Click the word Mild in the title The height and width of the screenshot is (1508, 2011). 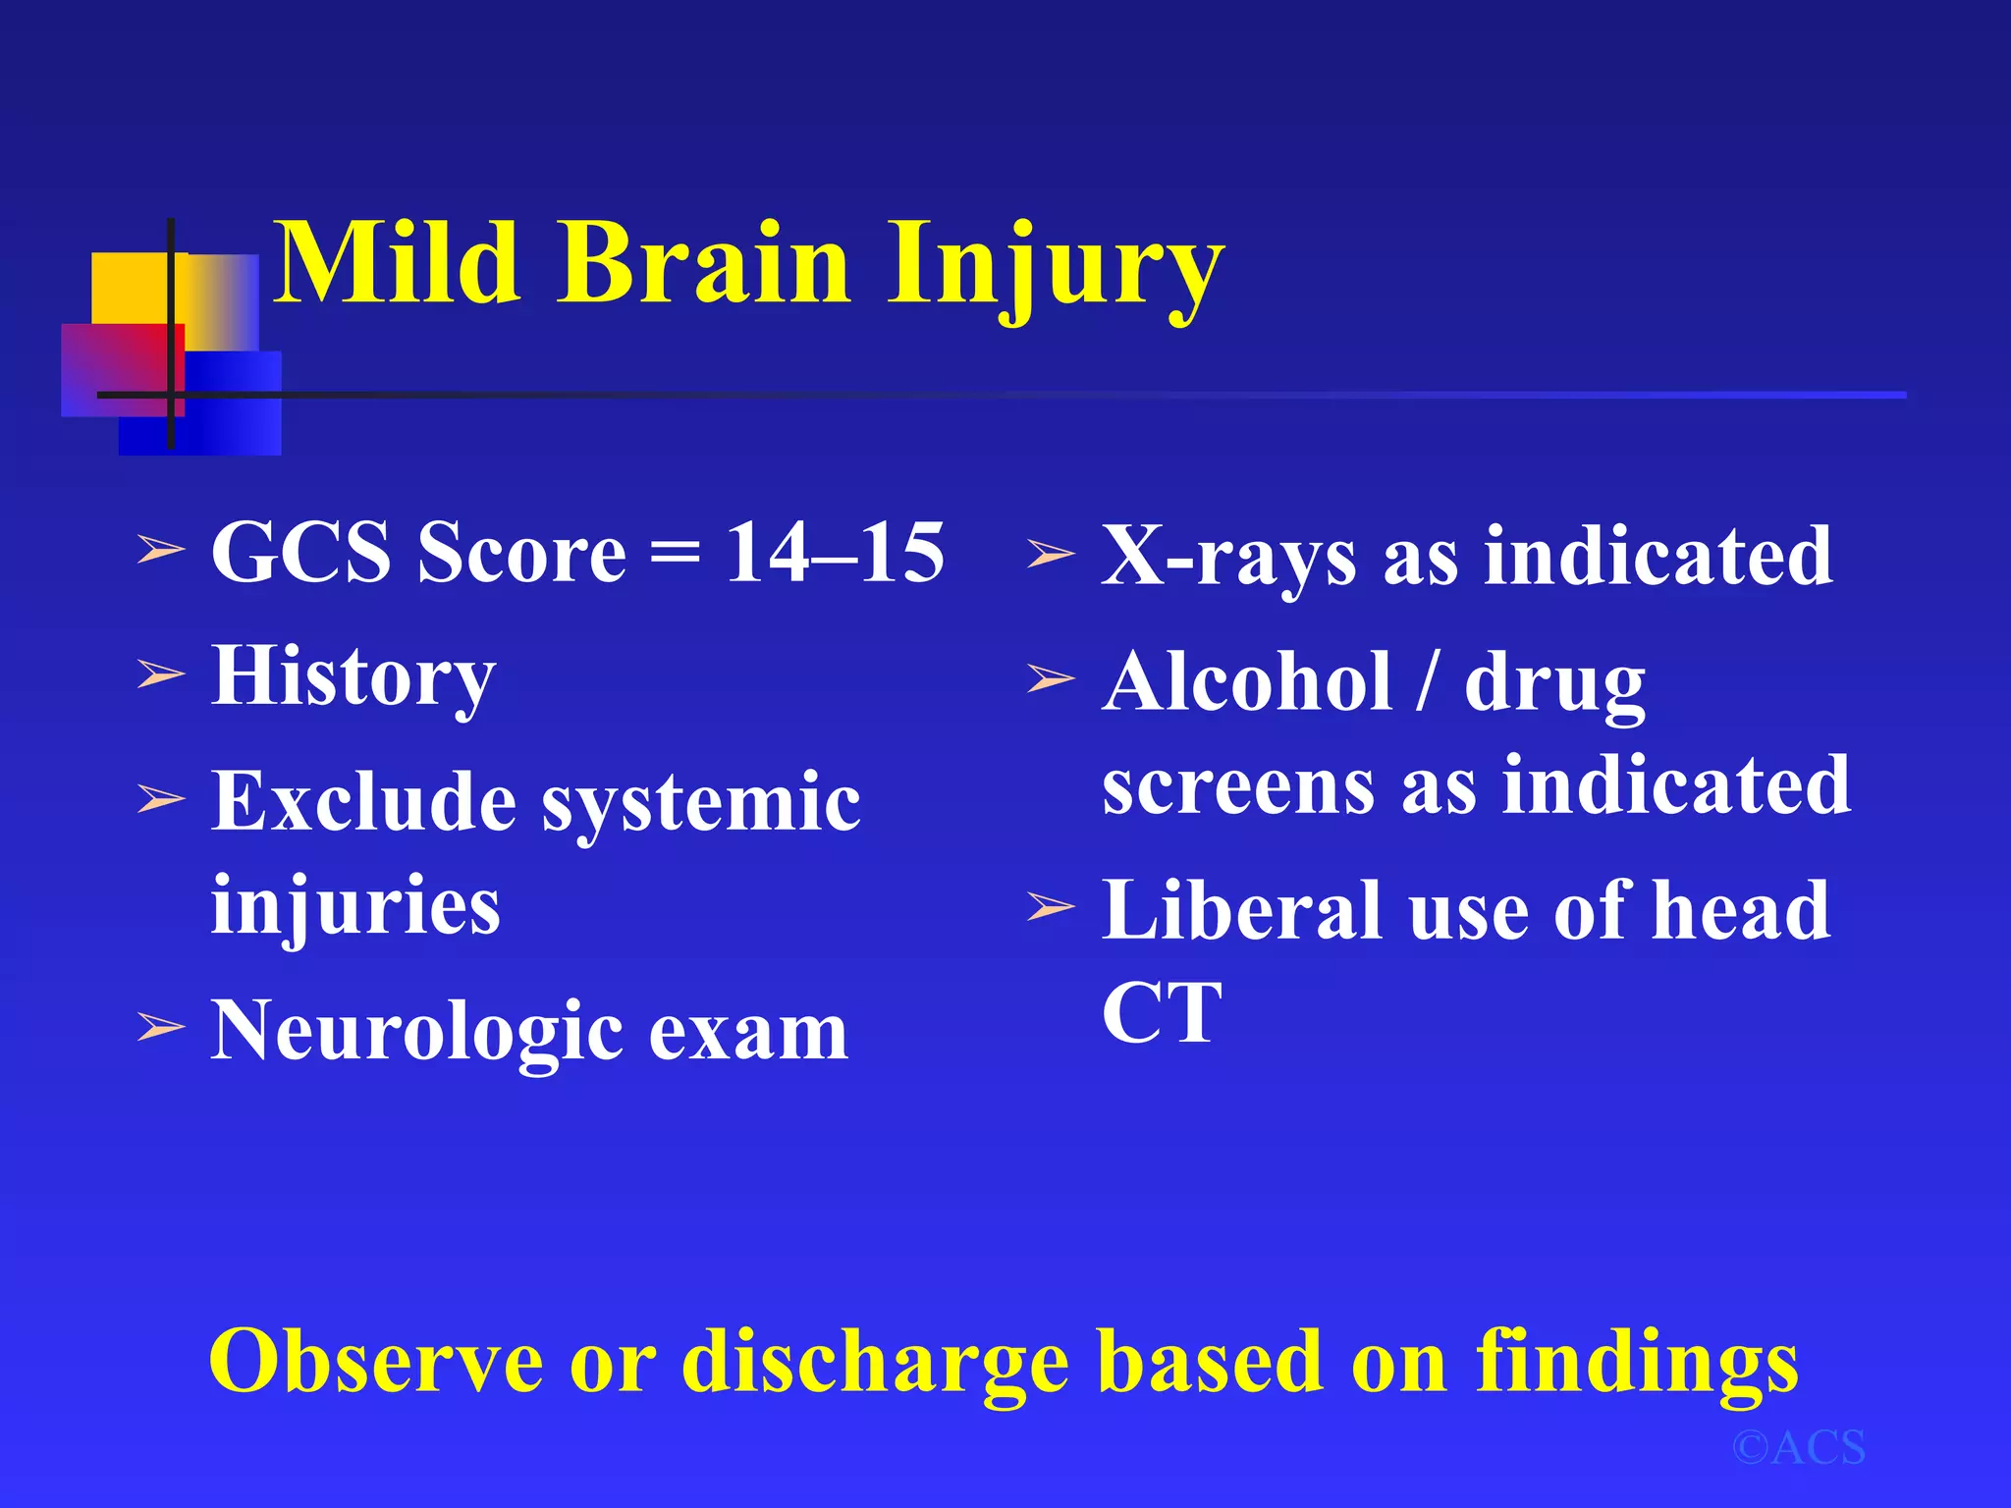[395, 263]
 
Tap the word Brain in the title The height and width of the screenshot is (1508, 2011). [703, 263]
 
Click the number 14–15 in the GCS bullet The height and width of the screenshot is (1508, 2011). [835, 553]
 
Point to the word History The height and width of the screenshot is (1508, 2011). [353, 677]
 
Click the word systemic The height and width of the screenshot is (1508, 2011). [701, 803]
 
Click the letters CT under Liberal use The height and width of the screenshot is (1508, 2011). [1161, 1013]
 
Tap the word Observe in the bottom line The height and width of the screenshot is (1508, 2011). [375, 1361]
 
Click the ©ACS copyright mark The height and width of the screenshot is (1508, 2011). [1798, 1448]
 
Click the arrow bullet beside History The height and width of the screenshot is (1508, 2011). [160, 675]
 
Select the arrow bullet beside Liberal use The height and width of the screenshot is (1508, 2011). [1051, 907]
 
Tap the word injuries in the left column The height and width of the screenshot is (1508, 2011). [355, 905]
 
